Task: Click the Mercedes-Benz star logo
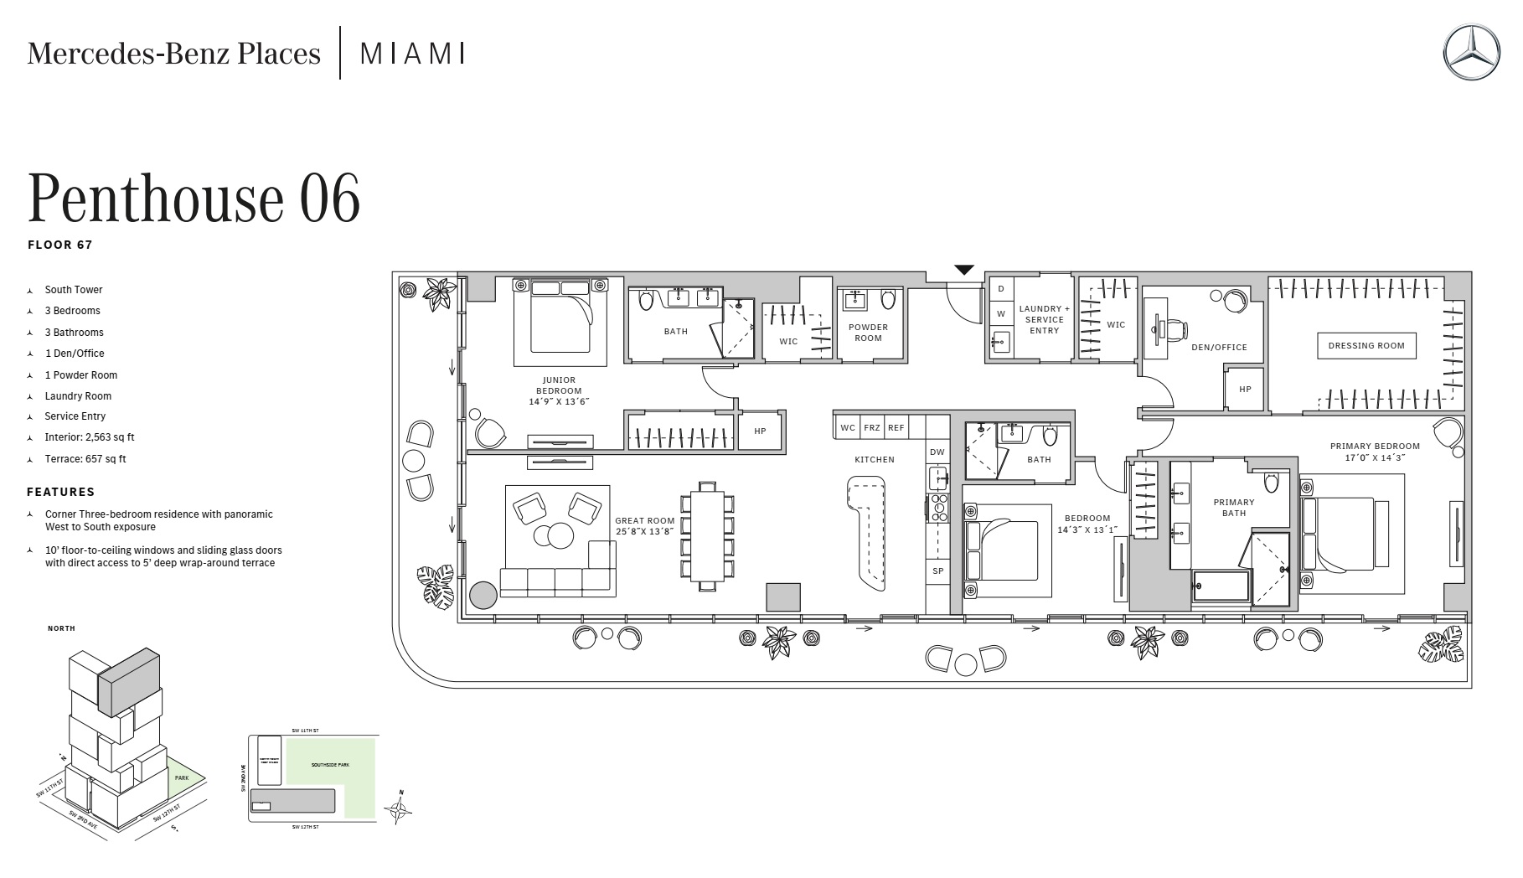(1471, 52)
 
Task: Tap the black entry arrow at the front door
(964, 270)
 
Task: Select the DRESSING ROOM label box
(1366, 345)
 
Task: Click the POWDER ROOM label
(868, 333)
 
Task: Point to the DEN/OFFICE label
(1219, 347)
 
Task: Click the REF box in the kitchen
(896, 427)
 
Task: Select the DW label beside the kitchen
(937, 452)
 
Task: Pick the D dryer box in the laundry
(1000, 289)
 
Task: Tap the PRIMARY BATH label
(1233, 508)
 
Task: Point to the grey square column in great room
(783, 597)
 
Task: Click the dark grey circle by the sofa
(483, 595)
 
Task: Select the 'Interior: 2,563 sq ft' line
(90, 437)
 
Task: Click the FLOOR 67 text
(60, 245)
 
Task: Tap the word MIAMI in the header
(412, 54)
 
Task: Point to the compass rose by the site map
(400, 808)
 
